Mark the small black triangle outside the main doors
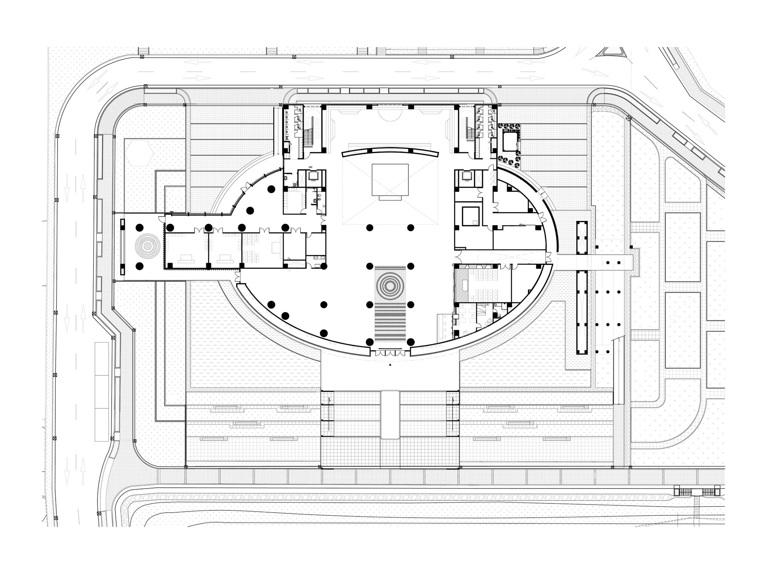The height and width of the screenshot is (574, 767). click(x=390, y=365)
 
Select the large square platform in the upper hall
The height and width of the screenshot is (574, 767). click(x=390, y=179)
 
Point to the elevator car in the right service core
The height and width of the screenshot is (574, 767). click(x=466, y=176)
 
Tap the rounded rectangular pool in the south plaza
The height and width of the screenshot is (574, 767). click(x=390, y=414)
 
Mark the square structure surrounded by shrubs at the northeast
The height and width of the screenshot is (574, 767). click(x=510, y=142)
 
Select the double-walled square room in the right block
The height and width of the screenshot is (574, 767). click(x=471, y=217)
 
